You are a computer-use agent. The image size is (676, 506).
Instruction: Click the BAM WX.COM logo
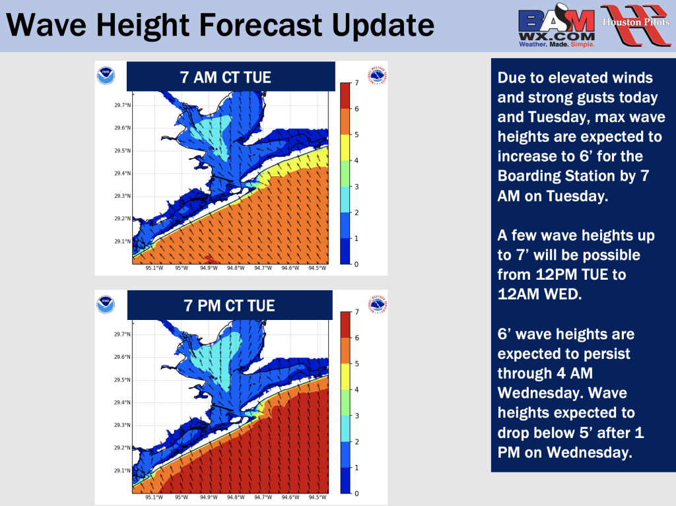pos(557,26)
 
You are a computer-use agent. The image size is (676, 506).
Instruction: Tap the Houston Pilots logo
pos(636,24)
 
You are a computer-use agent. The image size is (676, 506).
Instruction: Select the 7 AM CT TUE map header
pos(230,77)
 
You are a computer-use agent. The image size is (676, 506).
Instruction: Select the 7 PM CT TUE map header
pos(230,305)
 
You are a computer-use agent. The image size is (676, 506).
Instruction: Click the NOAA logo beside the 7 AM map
pos(106,75)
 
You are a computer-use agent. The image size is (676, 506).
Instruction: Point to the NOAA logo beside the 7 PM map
pos(106,304)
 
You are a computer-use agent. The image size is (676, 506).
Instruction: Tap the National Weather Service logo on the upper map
pos(377,76)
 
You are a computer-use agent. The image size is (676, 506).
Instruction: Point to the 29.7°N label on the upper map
pos(122,105)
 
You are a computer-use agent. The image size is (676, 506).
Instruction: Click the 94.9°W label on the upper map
pos(209,268)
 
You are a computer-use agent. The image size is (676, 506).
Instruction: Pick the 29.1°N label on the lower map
pos(122,470)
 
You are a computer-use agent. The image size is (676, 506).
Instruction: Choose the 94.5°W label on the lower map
pos(318,497)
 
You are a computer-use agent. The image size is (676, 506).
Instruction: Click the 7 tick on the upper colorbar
pos(356,82)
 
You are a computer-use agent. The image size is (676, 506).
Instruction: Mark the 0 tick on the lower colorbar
pos(356,493)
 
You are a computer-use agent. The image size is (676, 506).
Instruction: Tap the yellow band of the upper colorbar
pos(345,147)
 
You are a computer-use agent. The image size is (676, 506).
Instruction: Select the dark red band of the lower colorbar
pos(345,325)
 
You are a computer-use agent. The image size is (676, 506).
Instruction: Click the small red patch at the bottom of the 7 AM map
pos(211,259)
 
